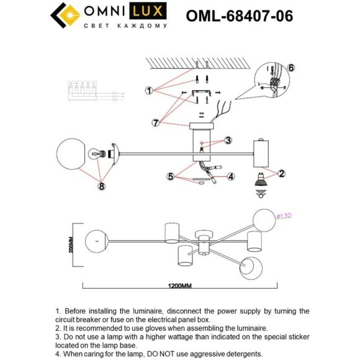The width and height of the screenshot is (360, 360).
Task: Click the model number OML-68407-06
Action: [x=240, y=16]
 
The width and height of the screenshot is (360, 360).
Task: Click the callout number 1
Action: [x=149, y=91]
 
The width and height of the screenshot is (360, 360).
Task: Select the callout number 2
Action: [x=281, y=173]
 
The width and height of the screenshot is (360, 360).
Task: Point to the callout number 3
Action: [x=228, y=140]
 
